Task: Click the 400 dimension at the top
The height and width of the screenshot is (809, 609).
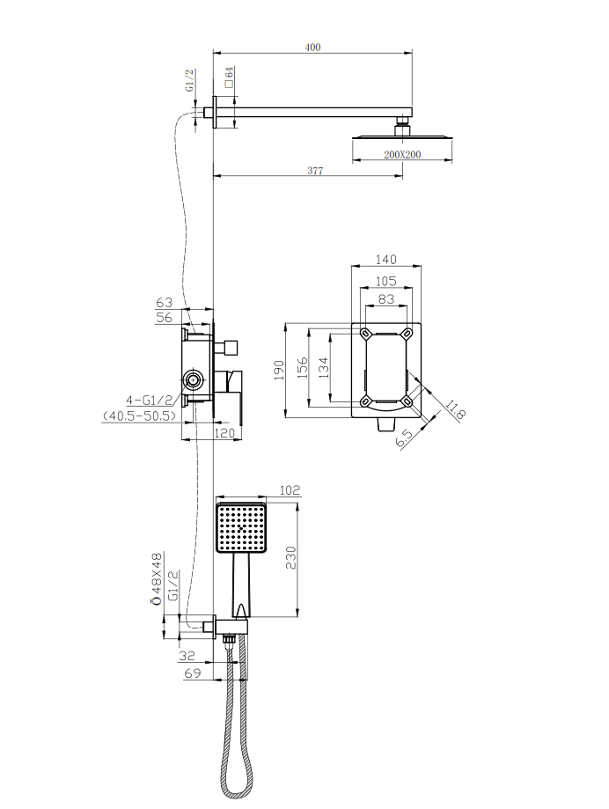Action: pos(312,48)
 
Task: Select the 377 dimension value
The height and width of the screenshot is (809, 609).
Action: pos(314,171)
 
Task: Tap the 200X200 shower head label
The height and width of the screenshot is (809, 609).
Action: pos(402,154)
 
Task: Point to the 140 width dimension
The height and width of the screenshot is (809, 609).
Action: pos(386,260)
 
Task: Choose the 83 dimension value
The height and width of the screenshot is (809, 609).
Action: pos(386,299)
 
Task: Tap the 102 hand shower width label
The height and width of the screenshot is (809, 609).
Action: pos(290,490)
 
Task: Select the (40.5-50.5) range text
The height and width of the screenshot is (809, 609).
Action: pos(139,416)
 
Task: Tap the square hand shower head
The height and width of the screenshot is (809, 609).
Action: pos(240,528)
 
